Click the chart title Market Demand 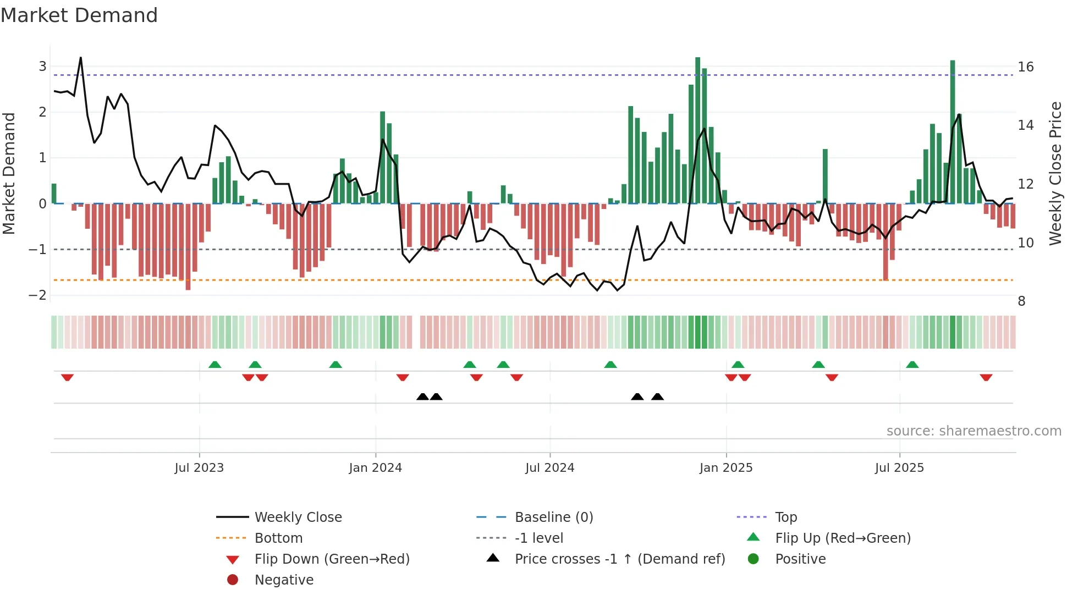[x=79, y=15]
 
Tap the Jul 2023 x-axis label [x=199, y=468]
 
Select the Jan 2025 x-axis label [x=726, y=468]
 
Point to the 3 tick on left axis [x=42, y=67]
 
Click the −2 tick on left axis [x=38, y=295]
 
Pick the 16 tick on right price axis [x=1026, y=67]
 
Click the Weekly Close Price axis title [x=1055, y=173]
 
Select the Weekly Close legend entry [x=298, y=517]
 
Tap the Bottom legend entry [x=278, y=538]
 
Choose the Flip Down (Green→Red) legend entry [x=332, y=559]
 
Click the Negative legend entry [x=284, y=580]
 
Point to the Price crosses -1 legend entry [x=619, y=559]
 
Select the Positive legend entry [x=800, y=559]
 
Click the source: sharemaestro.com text [x=974, y=431]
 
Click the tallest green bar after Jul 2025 [x=953, y=132]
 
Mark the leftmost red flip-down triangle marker [x=67, y=377]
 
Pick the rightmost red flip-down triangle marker [x=986, y=377]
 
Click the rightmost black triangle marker [x=657, y=396]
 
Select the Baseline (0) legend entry [x=553, y=517]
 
